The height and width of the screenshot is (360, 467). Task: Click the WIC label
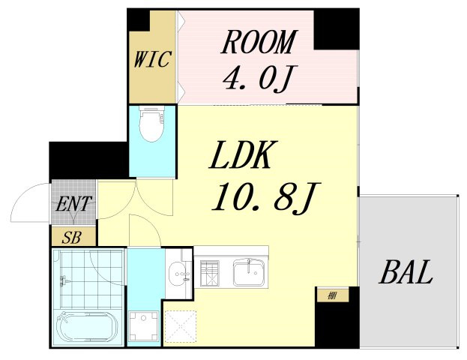click(x=152, y=59)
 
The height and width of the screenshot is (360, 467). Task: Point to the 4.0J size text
click(x=256, y=78)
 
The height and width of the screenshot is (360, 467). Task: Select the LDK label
click(x=244, y=155)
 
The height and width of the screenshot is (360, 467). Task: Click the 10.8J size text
click(x=265, y=196)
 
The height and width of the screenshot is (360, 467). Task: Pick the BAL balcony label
click(x=406, y=272)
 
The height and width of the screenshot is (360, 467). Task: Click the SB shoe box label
click(x=72, y=238)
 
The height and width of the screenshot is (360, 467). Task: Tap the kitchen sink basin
click(x=249, y=272)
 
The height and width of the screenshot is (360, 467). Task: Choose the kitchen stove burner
click(x=210, y=273)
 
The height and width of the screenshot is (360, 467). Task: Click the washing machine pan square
click(x=144, y=325)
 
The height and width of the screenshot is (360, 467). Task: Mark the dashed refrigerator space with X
click(x=181, y=326)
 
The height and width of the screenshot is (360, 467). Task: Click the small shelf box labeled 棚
click(x=332, y=295)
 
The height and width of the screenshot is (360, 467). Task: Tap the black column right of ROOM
click(x=337, y=29)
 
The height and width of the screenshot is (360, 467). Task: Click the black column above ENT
click(x=88, y=160)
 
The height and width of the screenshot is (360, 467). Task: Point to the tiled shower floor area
click(x=91, y=279)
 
